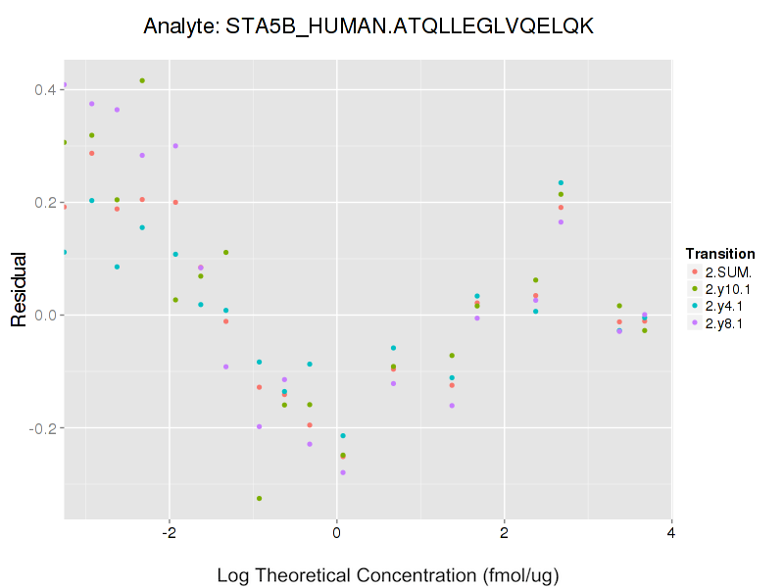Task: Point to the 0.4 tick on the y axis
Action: tap(44, 90)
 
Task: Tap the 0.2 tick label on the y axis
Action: tap(44, 203)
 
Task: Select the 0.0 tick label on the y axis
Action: tap(44, 316)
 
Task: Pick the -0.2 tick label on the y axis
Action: tap(42, 428)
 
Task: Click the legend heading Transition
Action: tap(720, 254)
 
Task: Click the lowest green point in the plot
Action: tap(259, 499)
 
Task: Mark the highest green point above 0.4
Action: tap(142, 80)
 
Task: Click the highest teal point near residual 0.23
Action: tap(561, 183)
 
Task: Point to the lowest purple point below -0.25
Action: tap(343, 472)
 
